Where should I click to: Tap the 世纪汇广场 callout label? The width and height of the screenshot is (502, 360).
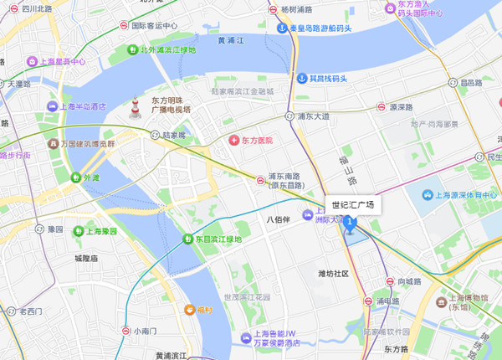(x=352, y=204)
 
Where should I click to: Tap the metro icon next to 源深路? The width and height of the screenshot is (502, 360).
(x=380, y=107)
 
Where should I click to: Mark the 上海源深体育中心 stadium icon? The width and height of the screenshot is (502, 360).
(x=428, y=195)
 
